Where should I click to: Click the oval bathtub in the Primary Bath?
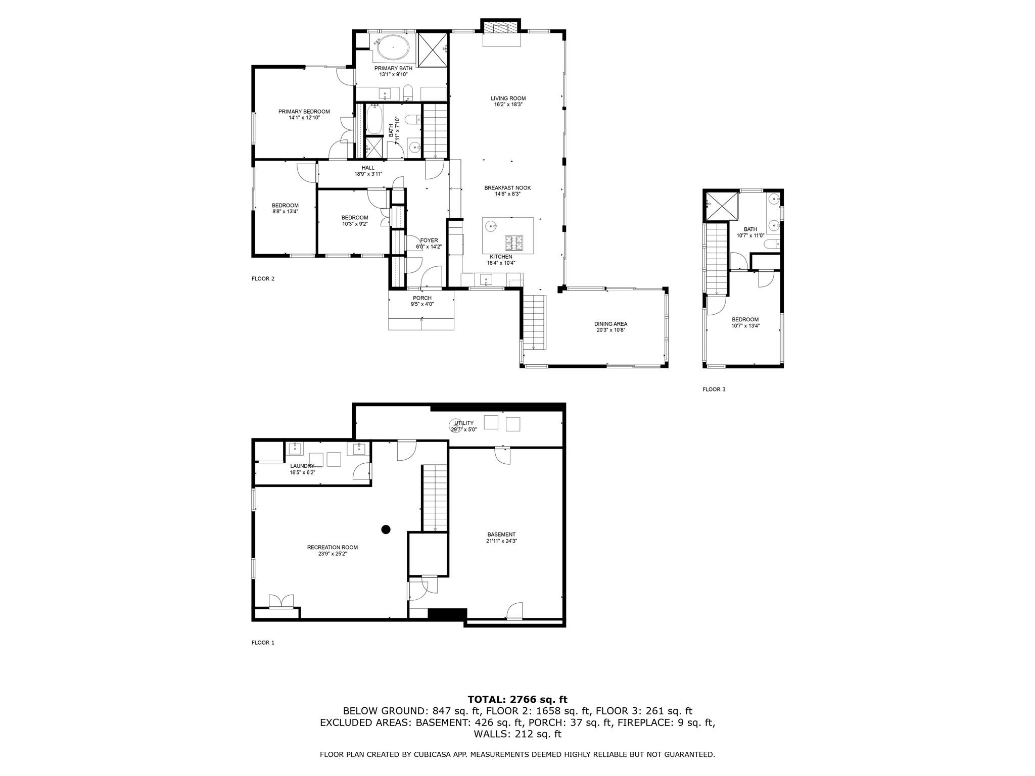(x=393, y=47)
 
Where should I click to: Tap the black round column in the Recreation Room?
(x=386, y=529)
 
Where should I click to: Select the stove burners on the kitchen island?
(x=514, y=243)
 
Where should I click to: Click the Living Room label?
(x=508, y=99)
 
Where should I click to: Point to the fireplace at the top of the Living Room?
(x=501, y=27)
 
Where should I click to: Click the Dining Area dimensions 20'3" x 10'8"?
(x=610, y=330)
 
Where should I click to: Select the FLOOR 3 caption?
(x=714, y=390)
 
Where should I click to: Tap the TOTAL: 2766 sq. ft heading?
(x=517, y=699)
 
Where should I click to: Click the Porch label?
(x=422, y=298)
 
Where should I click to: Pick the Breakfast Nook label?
(x=507, y=188)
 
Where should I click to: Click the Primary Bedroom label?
(x=304, y=112)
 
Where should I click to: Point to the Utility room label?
(x=463, y=423)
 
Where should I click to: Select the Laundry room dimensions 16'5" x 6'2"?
(x=302, y=472)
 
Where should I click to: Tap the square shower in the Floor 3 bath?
(x=721, y=207)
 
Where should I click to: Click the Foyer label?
(x=429, y=240)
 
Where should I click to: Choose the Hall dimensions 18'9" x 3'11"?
(x=368, y=174)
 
